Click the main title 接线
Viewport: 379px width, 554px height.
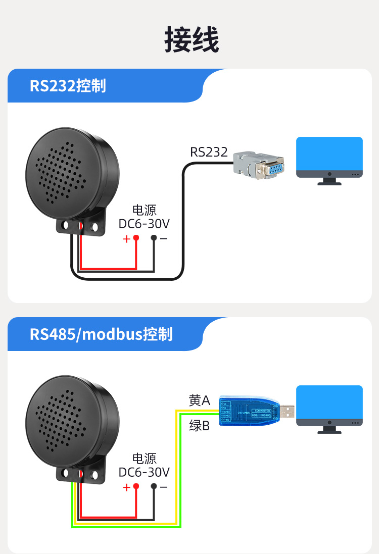coord(192,40)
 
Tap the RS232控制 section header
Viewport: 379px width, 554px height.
coord(68,85)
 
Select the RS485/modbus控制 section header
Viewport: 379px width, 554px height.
coord(101,334)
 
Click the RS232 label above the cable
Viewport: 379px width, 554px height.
coord(209,152)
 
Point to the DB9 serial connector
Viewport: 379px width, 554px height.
coord(258,164)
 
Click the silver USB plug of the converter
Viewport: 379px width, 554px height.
coord(288,411)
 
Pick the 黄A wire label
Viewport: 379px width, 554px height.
coord(199,400)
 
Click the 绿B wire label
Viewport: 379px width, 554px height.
coord(199,425)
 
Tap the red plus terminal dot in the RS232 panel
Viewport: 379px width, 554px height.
coord(135,238)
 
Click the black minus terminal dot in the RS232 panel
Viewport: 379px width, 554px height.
coord(154,238)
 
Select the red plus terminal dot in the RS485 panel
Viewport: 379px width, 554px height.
coord(135,486)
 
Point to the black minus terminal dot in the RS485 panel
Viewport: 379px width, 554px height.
coord(154,486)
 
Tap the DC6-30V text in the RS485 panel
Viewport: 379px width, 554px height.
coord(144,472)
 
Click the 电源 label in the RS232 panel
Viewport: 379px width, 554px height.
coord(144,210)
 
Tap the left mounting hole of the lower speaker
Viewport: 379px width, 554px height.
coord(65,474)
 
